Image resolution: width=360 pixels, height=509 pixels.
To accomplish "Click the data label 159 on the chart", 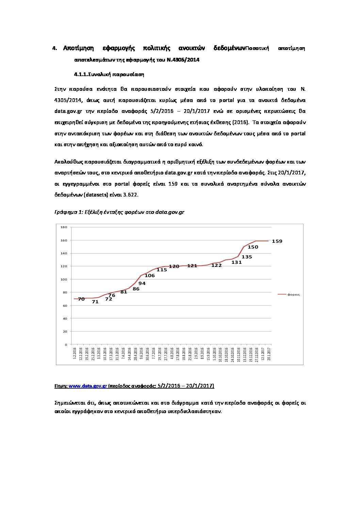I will pyautogui.click(x=277, y=241).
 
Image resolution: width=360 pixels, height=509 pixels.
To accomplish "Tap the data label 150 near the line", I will pyautogui.click(x=253, y=247).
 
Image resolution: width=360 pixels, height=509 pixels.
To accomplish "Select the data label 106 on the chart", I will pyautogui.click(x=149, y=276).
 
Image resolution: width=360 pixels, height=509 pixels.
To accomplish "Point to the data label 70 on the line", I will pyautogui.click(x=81, y=299).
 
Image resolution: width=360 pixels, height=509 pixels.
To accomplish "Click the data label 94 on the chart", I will pyautogui.click(x=142, y=283).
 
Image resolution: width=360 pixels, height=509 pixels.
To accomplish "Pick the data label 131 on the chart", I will pyautogui.click(x=236, y=262).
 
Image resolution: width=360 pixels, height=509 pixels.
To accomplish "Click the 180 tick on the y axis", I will pyautogui.click(x=64, y=227).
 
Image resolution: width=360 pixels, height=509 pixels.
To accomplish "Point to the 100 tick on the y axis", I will pyautogui.click(x=64, y=279).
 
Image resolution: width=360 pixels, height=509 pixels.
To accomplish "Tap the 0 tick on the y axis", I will pyautogui.click(x=66, y=345).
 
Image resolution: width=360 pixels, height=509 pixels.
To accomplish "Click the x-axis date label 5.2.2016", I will pyautogui.click(x=75, y=354).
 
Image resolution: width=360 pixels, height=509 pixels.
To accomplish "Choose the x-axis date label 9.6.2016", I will pyautogui.click(x=141, y=354).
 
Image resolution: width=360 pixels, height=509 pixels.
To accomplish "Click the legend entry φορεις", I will pyautogui.click(x=293, y=294).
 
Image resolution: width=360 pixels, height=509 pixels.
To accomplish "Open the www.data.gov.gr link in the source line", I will pyautogui.click(x=88, y=386).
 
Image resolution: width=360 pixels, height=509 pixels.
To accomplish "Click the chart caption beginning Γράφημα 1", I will pyautogui.click(x=119, y=212).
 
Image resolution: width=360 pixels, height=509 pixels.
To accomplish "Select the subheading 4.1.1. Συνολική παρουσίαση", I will pyautogui.click(x=109, y=74).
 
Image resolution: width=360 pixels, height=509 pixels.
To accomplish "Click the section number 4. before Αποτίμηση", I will pyautogui.click(x=54, y=48).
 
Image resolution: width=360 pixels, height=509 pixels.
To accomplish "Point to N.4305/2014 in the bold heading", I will pyautogui.click(x=183, y=60).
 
